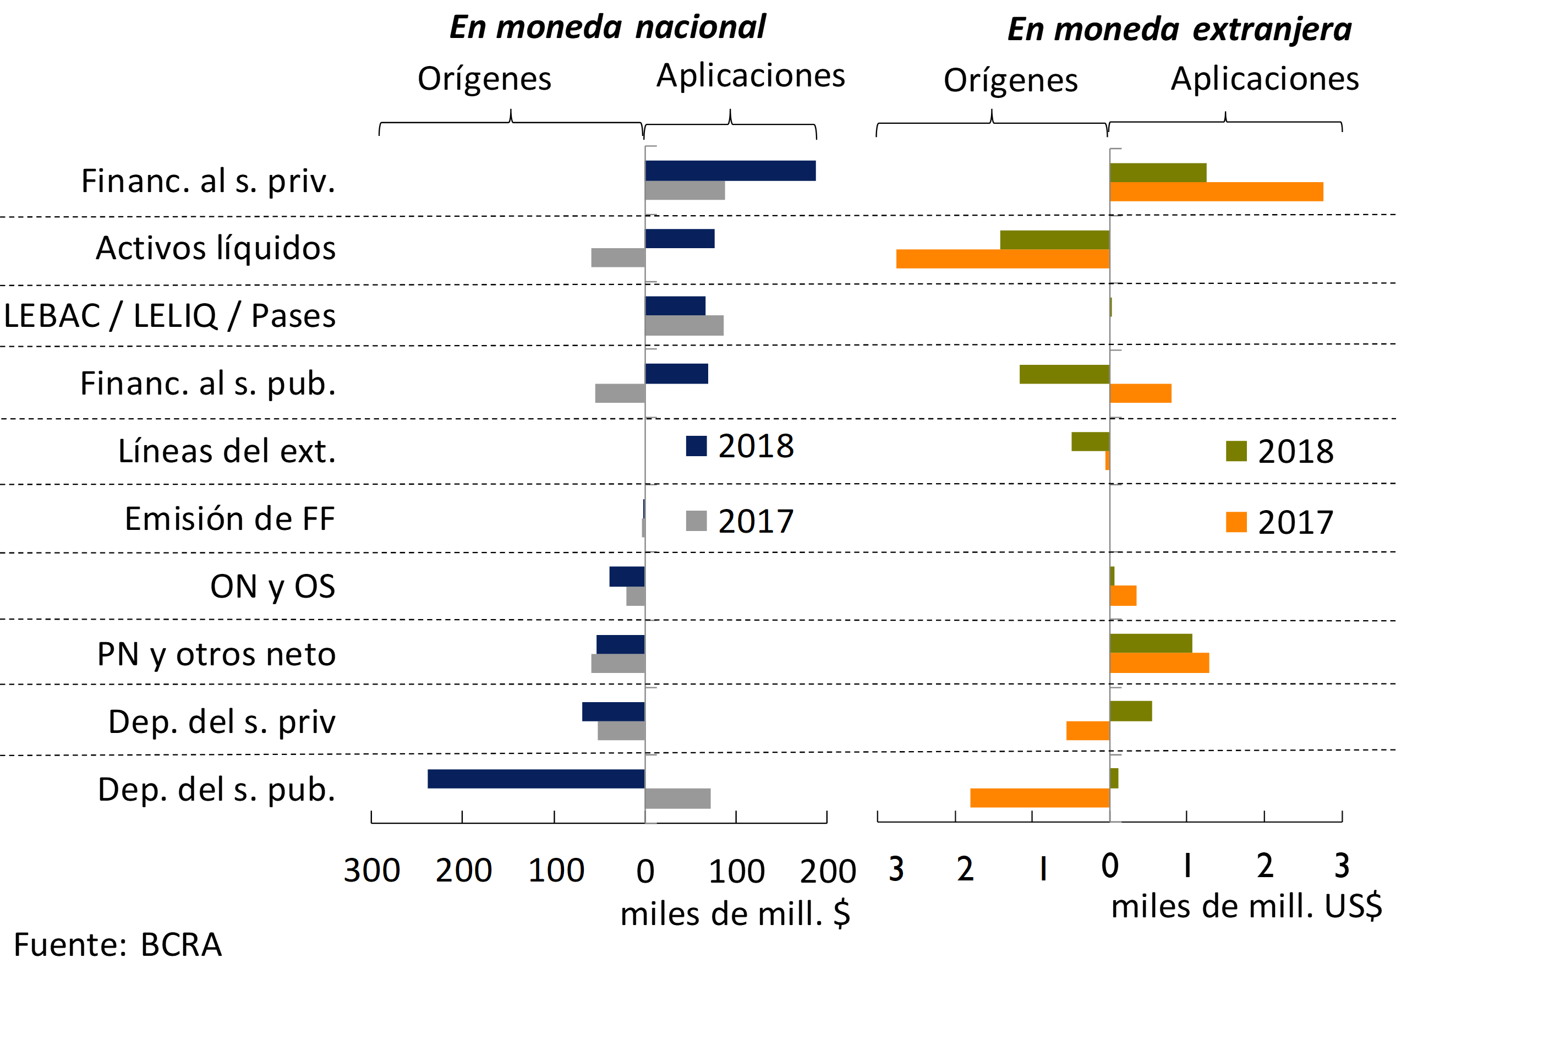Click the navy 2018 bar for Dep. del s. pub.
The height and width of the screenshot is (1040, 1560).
pyautogui.click(x=536, y=779)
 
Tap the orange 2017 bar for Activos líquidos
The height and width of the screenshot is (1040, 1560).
pyautogui.click(x=1002, y=259)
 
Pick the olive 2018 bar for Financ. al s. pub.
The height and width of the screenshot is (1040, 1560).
pyautogui.click(x=1064, y=374)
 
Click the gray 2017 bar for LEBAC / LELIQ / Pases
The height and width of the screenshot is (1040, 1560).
pyautogui.click(x=684, y=326)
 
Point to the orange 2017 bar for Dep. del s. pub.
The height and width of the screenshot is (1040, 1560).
pyautogui.click(x=1039, y=798)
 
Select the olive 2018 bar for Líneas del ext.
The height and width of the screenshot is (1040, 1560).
pyautogui.click(x=1090, y=441)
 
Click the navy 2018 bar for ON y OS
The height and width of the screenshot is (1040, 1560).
pyautogui.click(x=627, y=576)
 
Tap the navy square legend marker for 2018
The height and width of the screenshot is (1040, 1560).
pyautogui.click(x=696, y=446)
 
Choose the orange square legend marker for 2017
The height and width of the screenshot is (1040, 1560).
pyautogui.click(x=1236, y=522)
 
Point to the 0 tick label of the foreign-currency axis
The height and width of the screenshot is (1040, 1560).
pyautogui.click(x=1110, y=866)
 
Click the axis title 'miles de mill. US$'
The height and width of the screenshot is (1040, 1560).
pyautogui.click(x=1246, y=906)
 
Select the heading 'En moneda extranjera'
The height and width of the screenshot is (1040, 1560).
pyautogui.click(x=1179, y=29)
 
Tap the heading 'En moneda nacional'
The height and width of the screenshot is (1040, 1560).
pyautogui.click(x=607, y=27)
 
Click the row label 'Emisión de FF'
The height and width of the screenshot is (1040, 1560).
pyautogui.click(x=229, y=519)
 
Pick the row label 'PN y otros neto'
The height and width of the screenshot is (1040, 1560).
pyautogui.click(x=216, y=654)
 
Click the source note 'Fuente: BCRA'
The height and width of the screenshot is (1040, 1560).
pyautogui.click(x=117, y=944)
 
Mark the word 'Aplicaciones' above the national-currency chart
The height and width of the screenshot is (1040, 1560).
pyautogui.click(x=751, y=75)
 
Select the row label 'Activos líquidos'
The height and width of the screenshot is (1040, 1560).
pyautogui.click(x=216, y=248)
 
